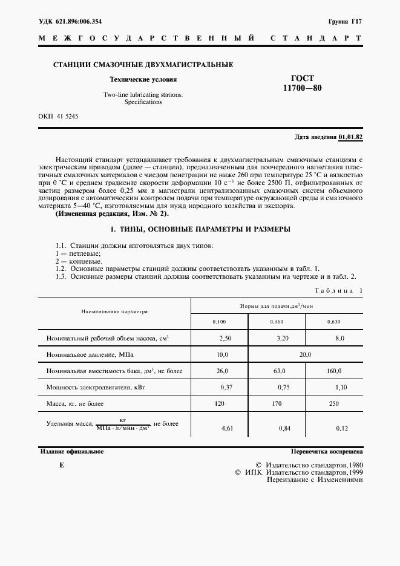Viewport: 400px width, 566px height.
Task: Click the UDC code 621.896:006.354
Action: [x=78, y=21]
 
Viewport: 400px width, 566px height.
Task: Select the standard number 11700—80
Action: [x=303, y=88]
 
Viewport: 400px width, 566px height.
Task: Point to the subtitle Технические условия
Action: [x=143, y=79]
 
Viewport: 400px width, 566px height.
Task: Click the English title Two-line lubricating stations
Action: [x=143, y=95]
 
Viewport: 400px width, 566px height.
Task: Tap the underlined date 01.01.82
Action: [x=350, y=137]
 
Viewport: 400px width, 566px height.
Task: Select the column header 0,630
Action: [x=333, y=322]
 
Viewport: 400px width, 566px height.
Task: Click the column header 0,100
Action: [x=219, y=322]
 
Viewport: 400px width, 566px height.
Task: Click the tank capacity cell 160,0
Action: [x=334, y=371]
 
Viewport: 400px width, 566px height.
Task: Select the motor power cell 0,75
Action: [x=277, y=386]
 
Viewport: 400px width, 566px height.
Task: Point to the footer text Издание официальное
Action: [x=72, y=452]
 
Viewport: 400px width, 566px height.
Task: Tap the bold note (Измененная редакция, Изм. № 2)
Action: [x=112, y=214]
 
